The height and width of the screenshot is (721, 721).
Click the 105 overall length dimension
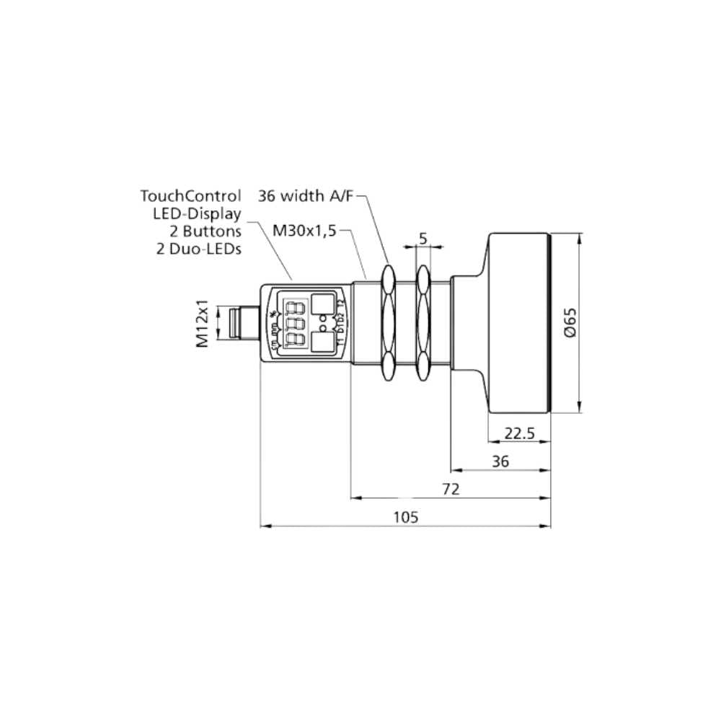pos(406,516)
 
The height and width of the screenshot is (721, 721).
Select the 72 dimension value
pos(451,489)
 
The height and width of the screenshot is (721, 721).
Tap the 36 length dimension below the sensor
pos(500,461)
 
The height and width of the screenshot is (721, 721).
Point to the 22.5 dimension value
pos(519,433)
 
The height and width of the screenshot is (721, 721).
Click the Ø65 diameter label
pos(570,322)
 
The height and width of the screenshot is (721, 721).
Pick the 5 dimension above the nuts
pos(423,238)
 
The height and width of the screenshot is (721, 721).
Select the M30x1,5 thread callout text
pos(304,231)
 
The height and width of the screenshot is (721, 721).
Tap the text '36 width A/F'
pos(306,195)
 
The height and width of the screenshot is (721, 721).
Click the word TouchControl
pos(190,195)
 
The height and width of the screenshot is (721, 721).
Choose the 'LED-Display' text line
pos(197,213)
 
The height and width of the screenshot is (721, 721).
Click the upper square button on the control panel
pos(324,303)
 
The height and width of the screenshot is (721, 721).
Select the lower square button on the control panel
pos(324,342)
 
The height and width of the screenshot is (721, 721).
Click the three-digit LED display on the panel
pos(293,322)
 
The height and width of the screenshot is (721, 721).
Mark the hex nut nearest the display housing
pos(388,322)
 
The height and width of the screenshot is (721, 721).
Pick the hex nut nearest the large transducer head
pos(423,322)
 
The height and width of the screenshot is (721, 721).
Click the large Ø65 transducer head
pos(519,322)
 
